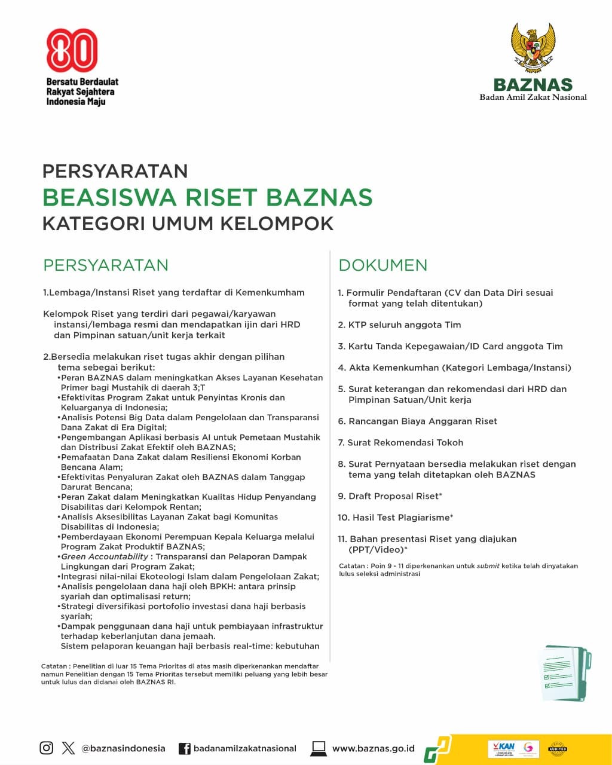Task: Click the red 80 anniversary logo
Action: tap(72, 50)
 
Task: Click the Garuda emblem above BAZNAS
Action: tap(533, 48)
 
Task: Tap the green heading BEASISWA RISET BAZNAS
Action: tap(208, 197)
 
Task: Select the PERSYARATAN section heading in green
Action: tap(106, 265)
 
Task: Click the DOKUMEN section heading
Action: tap(383, 265)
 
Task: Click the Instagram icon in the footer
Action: tap(47, 748)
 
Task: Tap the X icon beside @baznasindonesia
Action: tap(69, 748)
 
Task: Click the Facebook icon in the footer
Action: tap(185, 748)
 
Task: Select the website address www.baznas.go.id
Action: tap(373, 748)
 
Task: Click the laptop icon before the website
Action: tap(319, 748)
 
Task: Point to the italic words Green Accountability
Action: tap(105, 556)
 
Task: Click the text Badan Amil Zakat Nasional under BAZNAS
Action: tap(533, 97)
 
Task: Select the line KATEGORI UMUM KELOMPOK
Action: tap(188, 224)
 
